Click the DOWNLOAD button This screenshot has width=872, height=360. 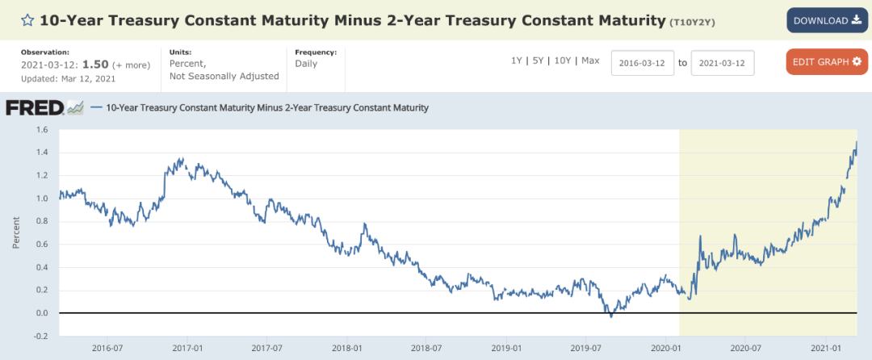827,20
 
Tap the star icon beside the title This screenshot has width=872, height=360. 27,21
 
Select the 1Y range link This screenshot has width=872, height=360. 517,61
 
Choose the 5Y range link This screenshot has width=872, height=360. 538,61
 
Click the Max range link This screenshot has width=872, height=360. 590,61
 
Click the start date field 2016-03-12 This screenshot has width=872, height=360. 643,63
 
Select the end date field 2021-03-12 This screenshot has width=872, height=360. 723,63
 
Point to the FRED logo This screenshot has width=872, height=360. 44,108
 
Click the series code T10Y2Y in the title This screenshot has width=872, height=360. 690,23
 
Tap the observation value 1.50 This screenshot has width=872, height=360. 96,65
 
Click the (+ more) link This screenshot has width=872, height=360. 132,65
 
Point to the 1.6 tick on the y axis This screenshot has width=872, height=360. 43,130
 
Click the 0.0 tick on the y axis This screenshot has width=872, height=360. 43,313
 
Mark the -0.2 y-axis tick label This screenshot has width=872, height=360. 42,336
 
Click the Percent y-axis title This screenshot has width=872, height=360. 15,232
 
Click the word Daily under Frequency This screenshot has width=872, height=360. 306,64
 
